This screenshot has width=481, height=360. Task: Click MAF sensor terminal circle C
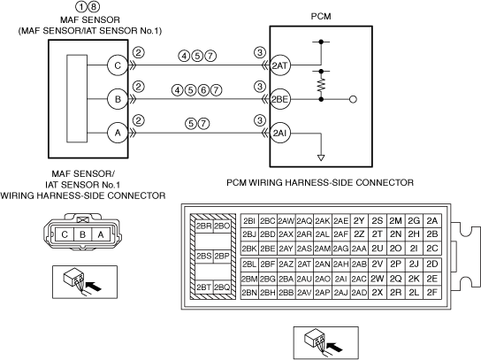[118, 65]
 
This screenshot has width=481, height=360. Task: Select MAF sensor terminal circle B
[118, 99]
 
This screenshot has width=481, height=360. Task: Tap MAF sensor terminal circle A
[118, 133]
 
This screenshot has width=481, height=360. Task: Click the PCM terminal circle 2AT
[279, 65]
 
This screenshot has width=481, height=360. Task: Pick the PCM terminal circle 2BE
[279, 99]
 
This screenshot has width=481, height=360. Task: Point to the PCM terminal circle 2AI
[279, 133]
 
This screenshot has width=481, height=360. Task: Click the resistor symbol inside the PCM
[321, 85]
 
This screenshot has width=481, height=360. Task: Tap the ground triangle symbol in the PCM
[321, 158]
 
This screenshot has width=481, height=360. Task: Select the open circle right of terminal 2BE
[353, 99]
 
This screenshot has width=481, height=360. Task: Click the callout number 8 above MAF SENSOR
[94, 6]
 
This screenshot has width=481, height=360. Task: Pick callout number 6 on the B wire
[203, 90]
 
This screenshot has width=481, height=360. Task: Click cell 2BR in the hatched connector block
[204, 226]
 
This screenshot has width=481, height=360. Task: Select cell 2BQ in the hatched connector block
[222, 287]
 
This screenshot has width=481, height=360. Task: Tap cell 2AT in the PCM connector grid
[304, 264]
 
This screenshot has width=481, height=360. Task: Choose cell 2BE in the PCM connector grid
[268, 249]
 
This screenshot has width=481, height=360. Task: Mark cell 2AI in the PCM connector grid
[340, 279]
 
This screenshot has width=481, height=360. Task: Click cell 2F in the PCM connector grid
[431, 293]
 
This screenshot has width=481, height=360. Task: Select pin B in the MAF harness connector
[82, 234]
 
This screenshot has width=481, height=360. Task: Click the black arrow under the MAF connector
[94, 287]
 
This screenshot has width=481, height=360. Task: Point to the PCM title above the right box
[321, 16]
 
